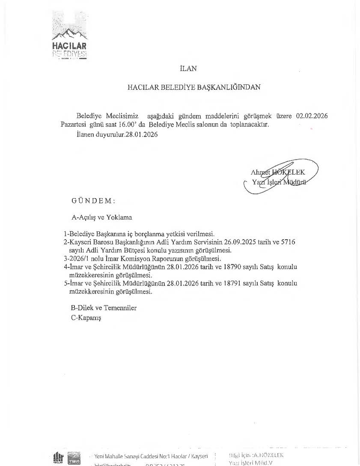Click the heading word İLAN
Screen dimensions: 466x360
(x=188, y=68)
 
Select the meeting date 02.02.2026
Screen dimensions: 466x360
(x=312, y=116)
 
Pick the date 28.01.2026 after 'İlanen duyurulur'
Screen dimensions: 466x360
(x=142, y=134)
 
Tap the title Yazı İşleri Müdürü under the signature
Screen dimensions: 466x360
(x=279, y=182)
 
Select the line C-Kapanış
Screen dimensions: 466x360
(x=86, y=318)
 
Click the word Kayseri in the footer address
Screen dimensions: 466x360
(x=199, y=456)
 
